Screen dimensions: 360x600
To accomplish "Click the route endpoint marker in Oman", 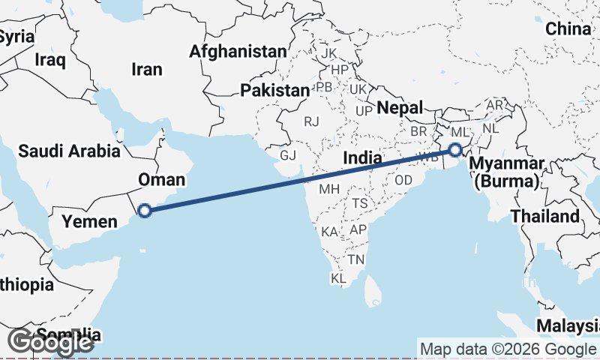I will pyautogui.click(x=145, y=211).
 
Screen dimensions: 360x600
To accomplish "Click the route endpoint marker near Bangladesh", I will pyautogui.click(x=454, y=149).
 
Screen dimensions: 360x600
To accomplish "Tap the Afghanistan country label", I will pyautogui.click(x=238, y=52).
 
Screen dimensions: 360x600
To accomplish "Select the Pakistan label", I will pyautogui.click(x=274, y=91).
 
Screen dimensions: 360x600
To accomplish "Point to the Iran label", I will pyautogui.click(x=146, y=69).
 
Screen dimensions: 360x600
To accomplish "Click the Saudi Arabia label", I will pyautogui.click(x=69, y=151).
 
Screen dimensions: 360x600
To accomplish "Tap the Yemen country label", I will pyautogui.click(x=89, y=221).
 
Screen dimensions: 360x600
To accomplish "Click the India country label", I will pyautogui.click(x=363, y=158).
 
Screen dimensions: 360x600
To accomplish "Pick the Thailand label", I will pyautogui.click(x=545, y=217).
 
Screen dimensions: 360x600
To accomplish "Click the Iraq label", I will pyautogui.click(x=51, y=59).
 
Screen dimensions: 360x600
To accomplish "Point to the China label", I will pyautogui.click(x=568, y=29).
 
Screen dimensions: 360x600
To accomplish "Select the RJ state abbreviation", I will pyautogui.click(x=311, y=121).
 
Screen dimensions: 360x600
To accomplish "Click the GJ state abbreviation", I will pyautogui.click(x=288, y=155).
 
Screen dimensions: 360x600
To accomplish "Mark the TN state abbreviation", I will pyautogui.click(x=355, y=259).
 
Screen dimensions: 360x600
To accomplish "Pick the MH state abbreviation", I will pyautogui.click(x=329, y=189).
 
